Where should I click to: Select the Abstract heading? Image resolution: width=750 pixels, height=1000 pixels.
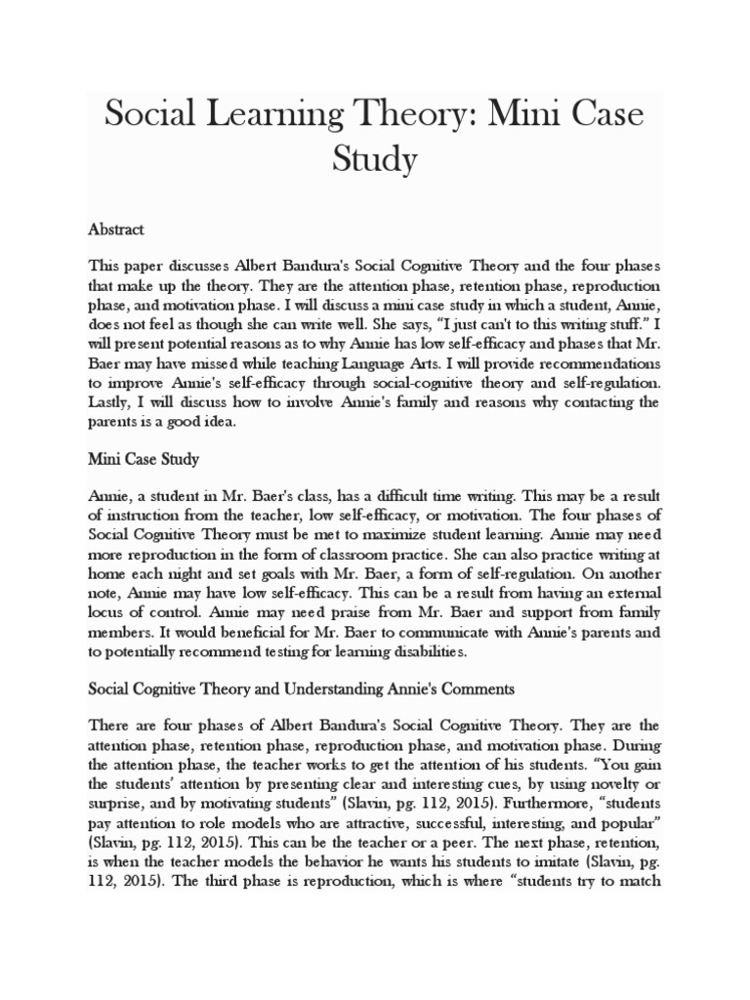(116, 229)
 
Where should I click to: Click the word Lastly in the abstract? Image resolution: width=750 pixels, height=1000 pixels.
(111, 402)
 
